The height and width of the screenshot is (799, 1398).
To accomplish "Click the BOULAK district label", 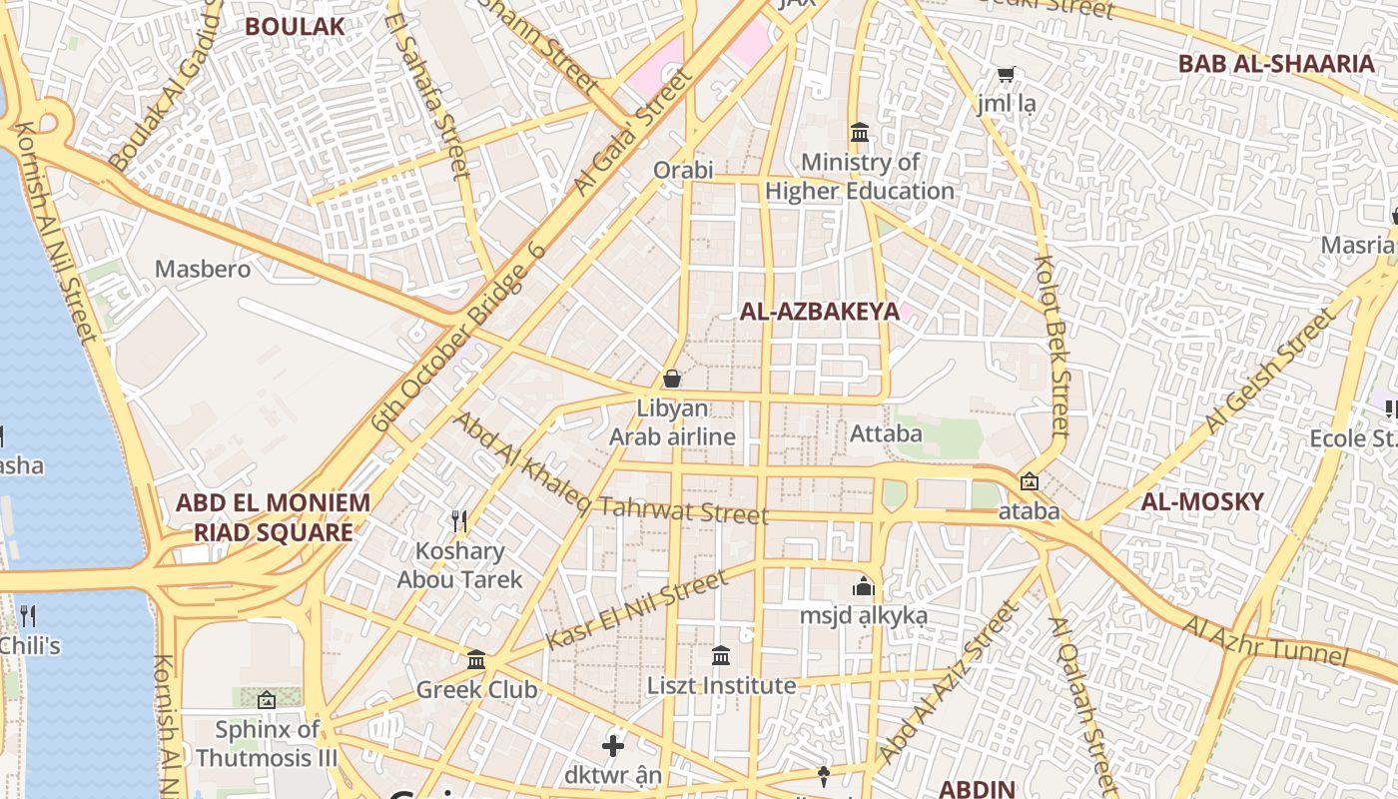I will (x=295, y=26).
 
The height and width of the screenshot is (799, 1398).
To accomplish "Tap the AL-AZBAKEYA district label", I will (x=819, y=312).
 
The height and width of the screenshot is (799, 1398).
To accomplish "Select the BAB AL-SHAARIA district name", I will (x=1276, y=64).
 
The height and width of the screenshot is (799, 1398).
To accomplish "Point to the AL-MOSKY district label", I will (x=1202, y=501).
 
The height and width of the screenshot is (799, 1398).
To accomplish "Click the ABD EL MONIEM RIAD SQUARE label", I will (x=273, y=517).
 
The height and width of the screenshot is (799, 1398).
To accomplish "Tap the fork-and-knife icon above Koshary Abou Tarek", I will (x=459, y=520).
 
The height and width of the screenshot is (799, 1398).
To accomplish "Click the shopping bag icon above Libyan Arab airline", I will (x=672, y=379).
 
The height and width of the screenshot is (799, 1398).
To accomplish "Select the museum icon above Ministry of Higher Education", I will (x=859, y=132).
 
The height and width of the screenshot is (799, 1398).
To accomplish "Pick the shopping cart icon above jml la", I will (x=1006, y=75).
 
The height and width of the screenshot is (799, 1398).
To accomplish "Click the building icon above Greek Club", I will (x=476, y=660).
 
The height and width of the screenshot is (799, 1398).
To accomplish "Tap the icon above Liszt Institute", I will (x=721, y=656).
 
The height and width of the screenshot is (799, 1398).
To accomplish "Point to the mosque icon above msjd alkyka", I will (x=864, y=586).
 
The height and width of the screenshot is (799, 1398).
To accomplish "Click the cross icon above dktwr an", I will (x=613, y=745).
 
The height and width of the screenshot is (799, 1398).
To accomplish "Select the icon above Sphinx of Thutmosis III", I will (x=266, y=700).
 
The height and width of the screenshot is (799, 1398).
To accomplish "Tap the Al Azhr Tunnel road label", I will (x=1265, y=641).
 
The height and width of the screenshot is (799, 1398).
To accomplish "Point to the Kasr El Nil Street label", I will (x=637, y=610).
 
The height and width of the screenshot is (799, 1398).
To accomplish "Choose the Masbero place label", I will (x=203, y=269).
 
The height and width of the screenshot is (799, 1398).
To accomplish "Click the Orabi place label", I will (x=683, y=170).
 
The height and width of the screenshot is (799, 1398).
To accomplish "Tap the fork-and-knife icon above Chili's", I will (x=28, y=615).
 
